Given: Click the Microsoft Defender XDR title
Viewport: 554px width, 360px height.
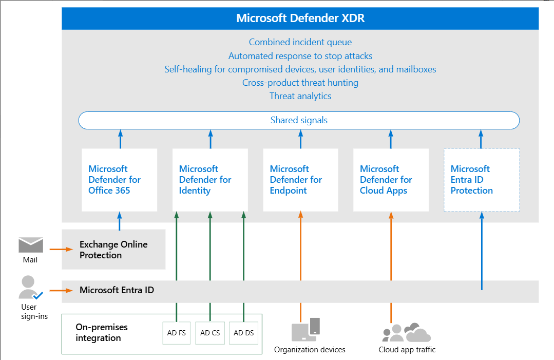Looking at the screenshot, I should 300,18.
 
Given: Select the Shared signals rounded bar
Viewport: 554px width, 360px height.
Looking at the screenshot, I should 299,121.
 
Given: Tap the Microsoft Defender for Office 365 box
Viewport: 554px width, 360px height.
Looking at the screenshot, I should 120,180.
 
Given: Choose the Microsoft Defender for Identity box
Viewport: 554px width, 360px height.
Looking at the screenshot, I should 210,180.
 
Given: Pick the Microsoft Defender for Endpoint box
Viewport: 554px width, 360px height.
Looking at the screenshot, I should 300,180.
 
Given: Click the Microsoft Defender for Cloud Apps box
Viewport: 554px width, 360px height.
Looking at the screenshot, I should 391,180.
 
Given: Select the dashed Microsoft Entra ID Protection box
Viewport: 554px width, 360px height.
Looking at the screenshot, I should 482,180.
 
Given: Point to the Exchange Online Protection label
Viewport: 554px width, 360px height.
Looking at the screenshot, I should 113,250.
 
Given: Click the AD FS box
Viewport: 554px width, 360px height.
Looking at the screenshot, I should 176,333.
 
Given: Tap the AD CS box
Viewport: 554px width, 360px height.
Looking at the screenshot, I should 210,333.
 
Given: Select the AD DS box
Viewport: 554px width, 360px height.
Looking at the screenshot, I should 244,333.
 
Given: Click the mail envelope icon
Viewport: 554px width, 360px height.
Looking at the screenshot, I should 31,245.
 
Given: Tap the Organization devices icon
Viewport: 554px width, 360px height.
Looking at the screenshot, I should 306,330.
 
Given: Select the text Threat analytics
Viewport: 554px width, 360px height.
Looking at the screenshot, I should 300,96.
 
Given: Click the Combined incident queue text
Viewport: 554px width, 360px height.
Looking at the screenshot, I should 300,42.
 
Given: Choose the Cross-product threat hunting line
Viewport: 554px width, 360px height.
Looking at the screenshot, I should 300,83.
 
